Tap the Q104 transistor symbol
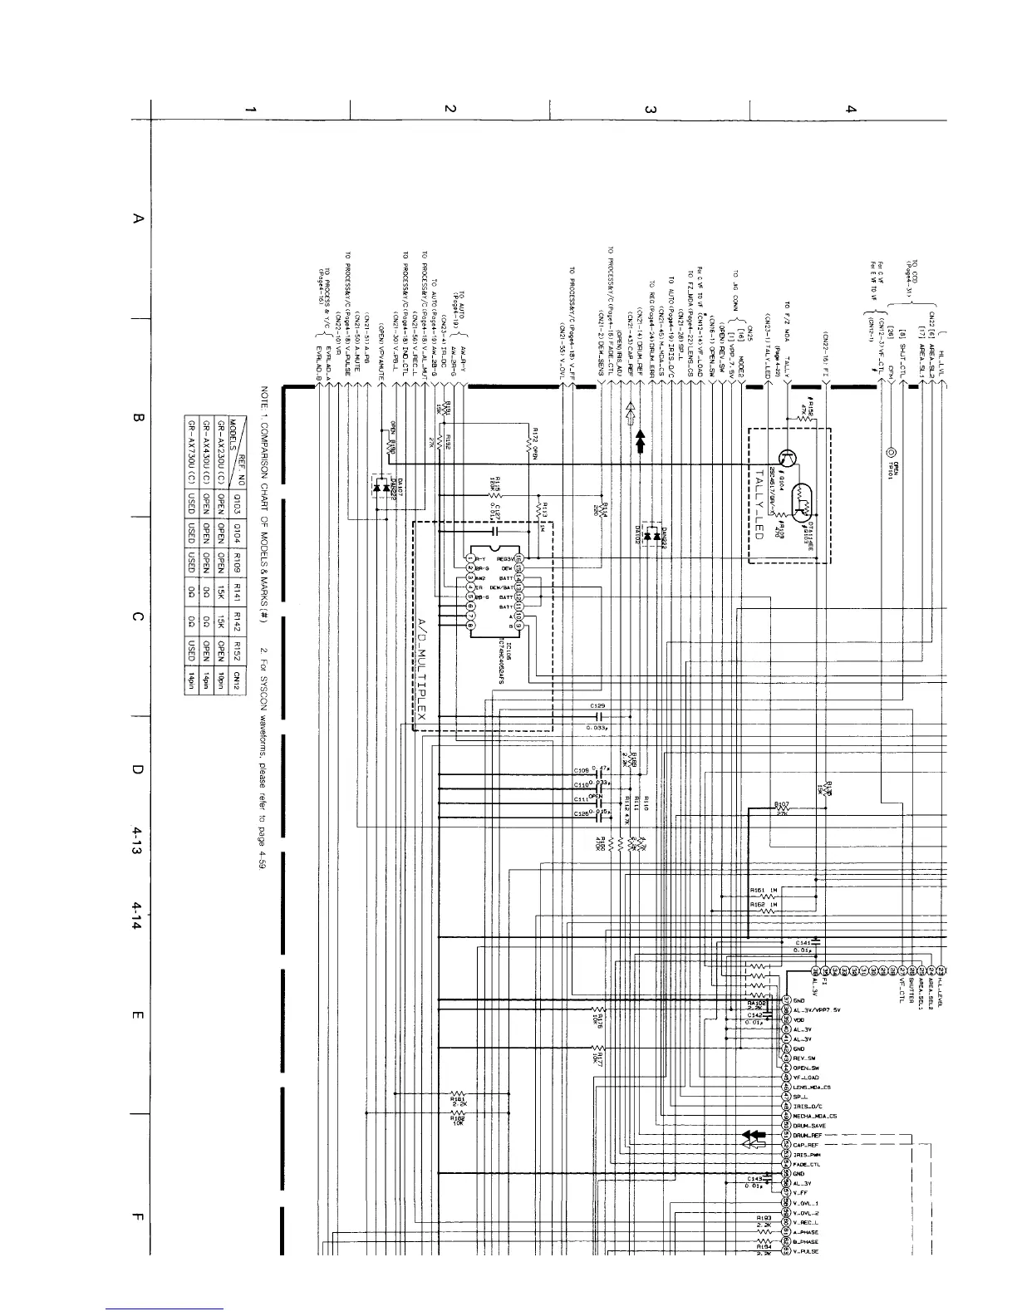point(789,457)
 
